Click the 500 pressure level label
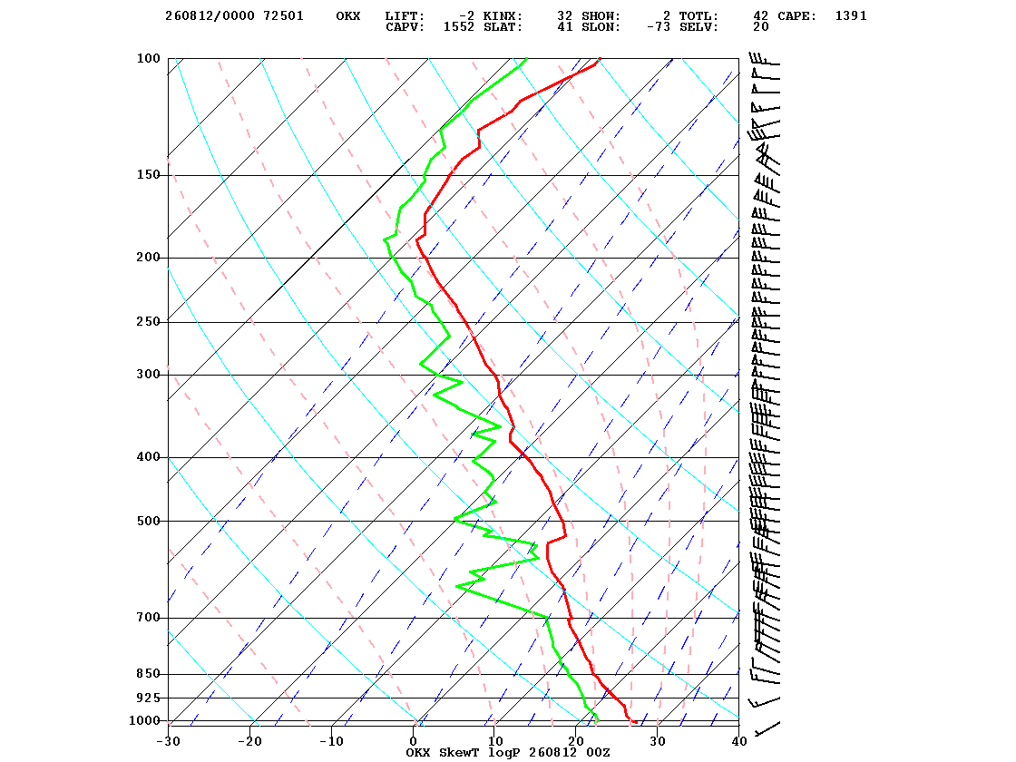tap(149, 521)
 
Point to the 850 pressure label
tap(149, 674)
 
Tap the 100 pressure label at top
tap(149, 58)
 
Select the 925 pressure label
tap(149, 698)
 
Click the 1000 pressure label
tap(144, 720)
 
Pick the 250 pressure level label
tap(149, 322)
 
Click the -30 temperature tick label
tap(168, 741)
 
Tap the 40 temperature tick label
tap(739, 741)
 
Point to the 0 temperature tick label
tap(414, 741)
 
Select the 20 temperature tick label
tap(576, 741)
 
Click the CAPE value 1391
tap(851, 16)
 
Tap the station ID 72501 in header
tap(283, 16)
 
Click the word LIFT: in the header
tap(405, 16)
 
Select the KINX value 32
tap(564, 16)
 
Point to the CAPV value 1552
tap(459, 27)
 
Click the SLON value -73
tap(659, 27)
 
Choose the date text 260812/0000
tap(210, 16)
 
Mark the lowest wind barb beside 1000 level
tap(767, 728)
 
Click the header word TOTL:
tap(698, 16)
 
